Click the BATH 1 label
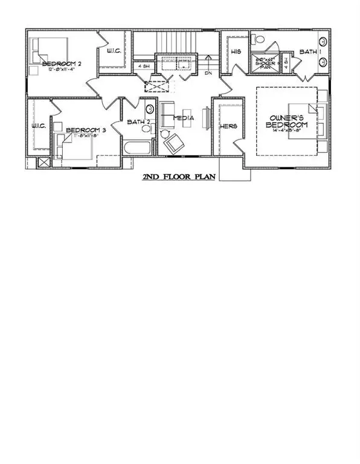[x=310, y=52]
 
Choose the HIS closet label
[x=236, y=52]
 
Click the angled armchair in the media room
[x=174, y=143]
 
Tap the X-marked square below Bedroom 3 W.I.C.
[x=43, y=162]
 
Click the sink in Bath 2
[x=149, y=110]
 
